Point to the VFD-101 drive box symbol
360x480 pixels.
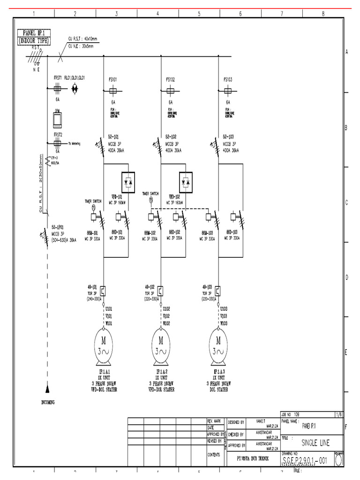(128, 180)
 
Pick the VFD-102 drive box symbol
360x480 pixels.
(186, 180)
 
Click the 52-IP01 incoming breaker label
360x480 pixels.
(59, 226)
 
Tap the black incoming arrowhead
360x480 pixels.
(47, 388)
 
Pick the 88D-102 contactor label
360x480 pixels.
(176, 232)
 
